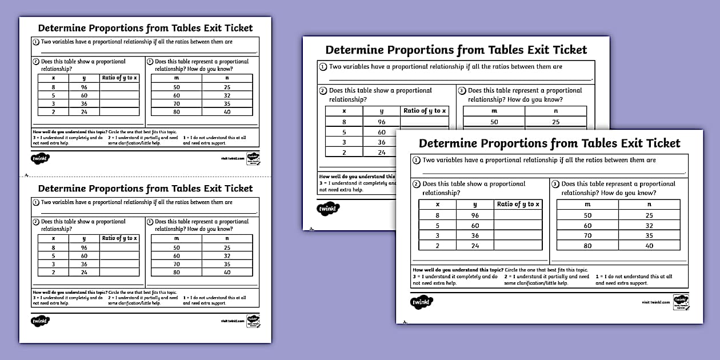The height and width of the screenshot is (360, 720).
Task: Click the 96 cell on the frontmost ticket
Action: pyautogui.click(x=475, y=215)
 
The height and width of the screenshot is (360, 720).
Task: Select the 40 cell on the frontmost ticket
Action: pyautogui.click(x=649, y=246)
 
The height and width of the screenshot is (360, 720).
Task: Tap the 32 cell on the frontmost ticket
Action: pyautogui.click(x=649, y=226)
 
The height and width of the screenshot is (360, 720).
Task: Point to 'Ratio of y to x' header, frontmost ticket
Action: pyautogui.click(x=518, y=204)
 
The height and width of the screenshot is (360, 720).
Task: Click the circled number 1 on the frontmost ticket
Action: pyautogui.click(x=417, y=161)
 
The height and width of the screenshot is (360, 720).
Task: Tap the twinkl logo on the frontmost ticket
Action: pyautogui.click(x=422, y=302)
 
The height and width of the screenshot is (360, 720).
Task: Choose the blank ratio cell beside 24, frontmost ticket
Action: pyautogui.click(x=518, y=246)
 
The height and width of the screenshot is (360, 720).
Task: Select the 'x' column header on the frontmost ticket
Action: pyautogui.click(x=438, y=204)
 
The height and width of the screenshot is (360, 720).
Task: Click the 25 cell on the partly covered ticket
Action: pyautogui.click(x=555, y=122)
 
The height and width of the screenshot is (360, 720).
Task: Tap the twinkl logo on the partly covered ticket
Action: pyautogui.click(x=328, y=209)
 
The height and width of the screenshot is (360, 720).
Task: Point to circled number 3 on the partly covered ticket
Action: pyautogui.click(x=462, y=90)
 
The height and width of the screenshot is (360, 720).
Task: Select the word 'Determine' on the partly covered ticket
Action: pyautogui.click(x=354, y=50)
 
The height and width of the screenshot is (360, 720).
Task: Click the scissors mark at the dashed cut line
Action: pyautogui.click(x=26, y=175)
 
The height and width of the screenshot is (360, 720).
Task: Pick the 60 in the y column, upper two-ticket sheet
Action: pyautogui.click(x=84, y=95)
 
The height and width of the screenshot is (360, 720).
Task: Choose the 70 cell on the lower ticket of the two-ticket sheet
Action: pyautogui.click(x=177, y=264)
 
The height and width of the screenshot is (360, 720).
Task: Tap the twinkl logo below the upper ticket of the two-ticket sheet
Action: pyautogui.click(x=40, y=158)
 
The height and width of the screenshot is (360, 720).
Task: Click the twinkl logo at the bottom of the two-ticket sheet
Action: pyautogui.click(x=40, y=321)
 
